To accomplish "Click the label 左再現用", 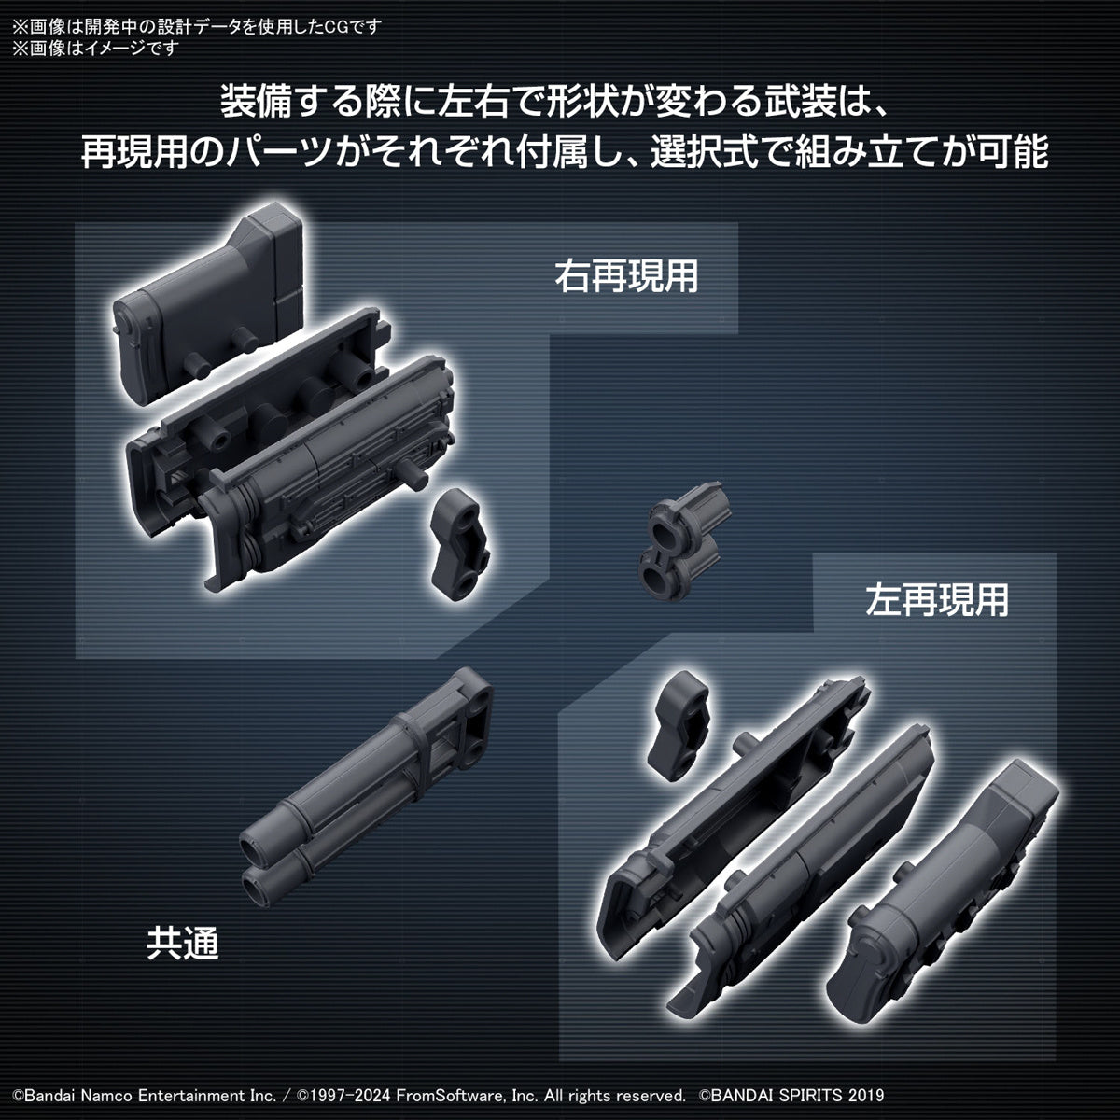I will [936, 600].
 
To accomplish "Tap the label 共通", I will [182, 944].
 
